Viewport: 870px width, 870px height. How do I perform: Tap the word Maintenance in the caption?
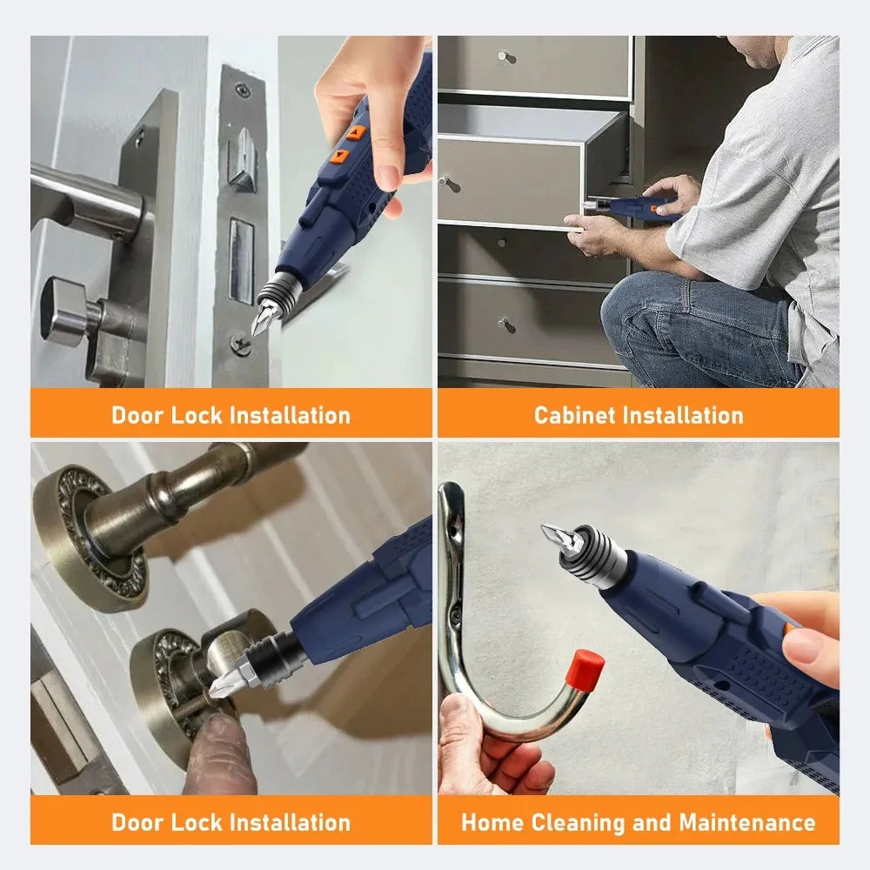click(747, 822)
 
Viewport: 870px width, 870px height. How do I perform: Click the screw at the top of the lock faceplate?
click(243, 90)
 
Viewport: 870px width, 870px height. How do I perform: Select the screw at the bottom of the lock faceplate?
click(242, 344)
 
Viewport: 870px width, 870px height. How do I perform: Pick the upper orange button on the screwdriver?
click(357, 133)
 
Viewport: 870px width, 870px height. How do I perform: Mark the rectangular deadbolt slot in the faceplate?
click(241, 261)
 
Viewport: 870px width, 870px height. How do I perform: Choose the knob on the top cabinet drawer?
click(505, 57)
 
